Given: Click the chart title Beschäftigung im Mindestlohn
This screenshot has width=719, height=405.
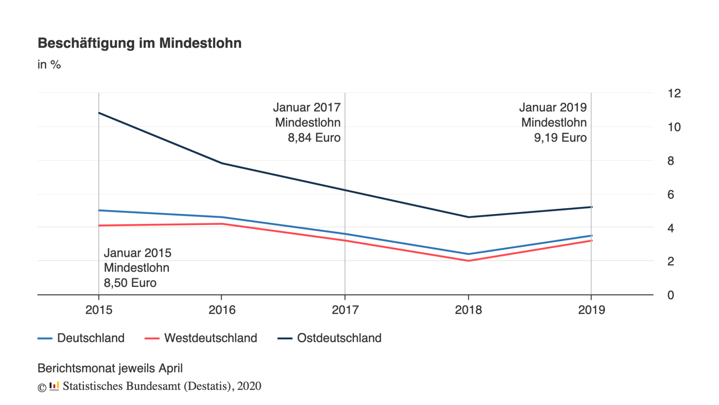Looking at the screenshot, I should pyautogui.click(x=139, y=43).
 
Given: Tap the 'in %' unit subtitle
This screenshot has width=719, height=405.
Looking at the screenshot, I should pyautogui.click(x=49, y=64).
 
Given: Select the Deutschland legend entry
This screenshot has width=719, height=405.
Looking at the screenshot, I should pyautogui.click(x=81, y=338).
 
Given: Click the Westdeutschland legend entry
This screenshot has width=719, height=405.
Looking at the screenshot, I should pyautogui.click(x=201, y=338).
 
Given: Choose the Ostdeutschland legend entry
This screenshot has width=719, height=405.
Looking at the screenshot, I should pyautogui.click(x=330, y=338).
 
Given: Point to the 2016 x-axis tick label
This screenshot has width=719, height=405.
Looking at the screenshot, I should pyautogui.click(x=222, y=310).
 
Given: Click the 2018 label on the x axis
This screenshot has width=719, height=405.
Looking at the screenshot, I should pyautogui.click(x=468, y=310).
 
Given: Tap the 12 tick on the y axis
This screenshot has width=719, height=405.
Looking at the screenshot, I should pyautogui.click(x=674, y=93).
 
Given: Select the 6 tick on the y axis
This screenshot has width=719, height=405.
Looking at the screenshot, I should pyautogui.click(x=670, y=195).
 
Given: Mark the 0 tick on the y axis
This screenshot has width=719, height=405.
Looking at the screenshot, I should pyautogui.click(x=670, y=295).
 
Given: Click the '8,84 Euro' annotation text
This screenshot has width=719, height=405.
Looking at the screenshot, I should pyautogui.click(x=314, y=138).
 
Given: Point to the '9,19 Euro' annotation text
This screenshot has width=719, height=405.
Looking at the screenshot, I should pyautogui.click(x=560, y=138).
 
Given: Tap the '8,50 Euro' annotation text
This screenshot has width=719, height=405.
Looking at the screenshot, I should pyautogui.click(x=130, y=283).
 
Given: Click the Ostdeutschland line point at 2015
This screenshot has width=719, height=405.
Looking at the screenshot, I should pyautogui.click(x=99, y=113).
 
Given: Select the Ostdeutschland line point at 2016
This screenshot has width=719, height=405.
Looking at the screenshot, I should pyautogui.click(x=222, y=163).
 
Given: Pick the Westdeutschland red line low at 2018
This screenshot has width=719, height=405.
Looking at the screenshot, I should pyautogui.click(x=468, y=261).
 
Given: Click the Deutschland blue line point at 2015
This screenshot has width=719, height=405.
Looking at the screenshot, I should pyautogui.click(x=99, y=210).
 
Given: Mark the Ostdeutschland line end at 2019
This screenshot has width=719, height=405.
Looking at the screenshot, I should pyautogui.click(x=591, y=207).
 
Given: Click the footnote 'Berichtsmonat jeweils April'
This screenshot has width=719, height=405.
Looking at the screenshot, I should pyautogui.click(x=110, y=368).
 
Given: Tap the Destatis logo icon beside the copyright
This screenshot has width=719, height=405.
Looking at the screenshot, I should pyautogui.click(x=54, y=386).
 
